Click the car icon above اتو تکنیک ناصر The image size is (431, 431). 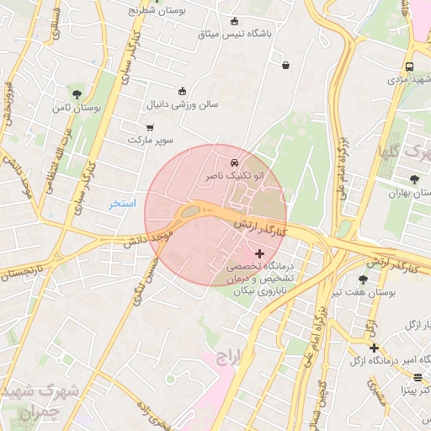(x=234, y=162)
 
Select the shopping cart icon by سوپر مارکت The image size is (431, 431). (x=150, y=128)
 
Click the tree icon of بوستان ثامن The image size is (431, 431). (x=77, y=94)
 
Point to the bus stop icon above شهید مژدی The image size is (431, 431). (x=409, y=67)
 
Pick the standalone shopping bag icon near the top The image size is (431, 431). (x=285, y=65)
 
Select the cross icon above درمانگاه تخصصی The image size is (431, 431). (x=258, y=253)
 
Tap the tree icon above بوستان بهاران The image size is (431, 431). (x=414, y=179)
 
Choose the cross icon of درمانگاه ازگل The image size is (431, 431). (x=374, y=348)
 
